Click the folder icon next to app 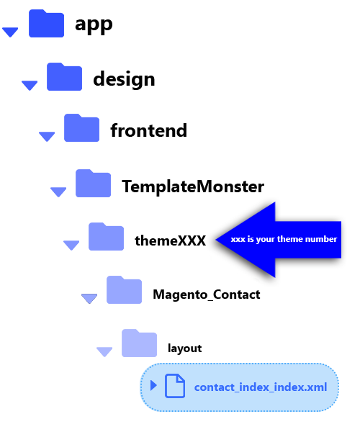(x=46, y=24)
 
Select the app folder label (x=94, y=24)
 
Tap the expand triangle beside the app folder (x=10, y=32)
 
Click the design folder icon (x=65, y=76)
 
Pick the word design (x=124, y=79)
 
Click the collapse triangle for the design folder (x=30, y=86)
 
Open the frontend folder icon (x=81, y=128)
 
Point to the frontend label (x=149, y=130)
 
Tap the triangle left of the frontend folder (x=47, y=137)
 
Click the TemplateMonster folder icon (x=93, y=183)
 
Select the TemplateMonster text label (x=193, y=186)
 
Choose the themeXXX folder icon (x=106, y=236)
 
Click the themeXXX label (x=170, y=240)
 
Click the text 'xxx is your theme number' (x=284, y=239)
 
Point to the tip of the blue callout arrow (x=216, y=240)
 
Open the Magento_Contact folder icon (x=125, y=290)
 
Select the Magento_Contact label (x=207, y=294)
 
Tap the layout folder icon (x=140, y=343)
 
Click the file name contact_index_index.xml (x=261, y=387)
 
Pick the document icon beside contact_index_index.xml (x=175, y=386)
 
